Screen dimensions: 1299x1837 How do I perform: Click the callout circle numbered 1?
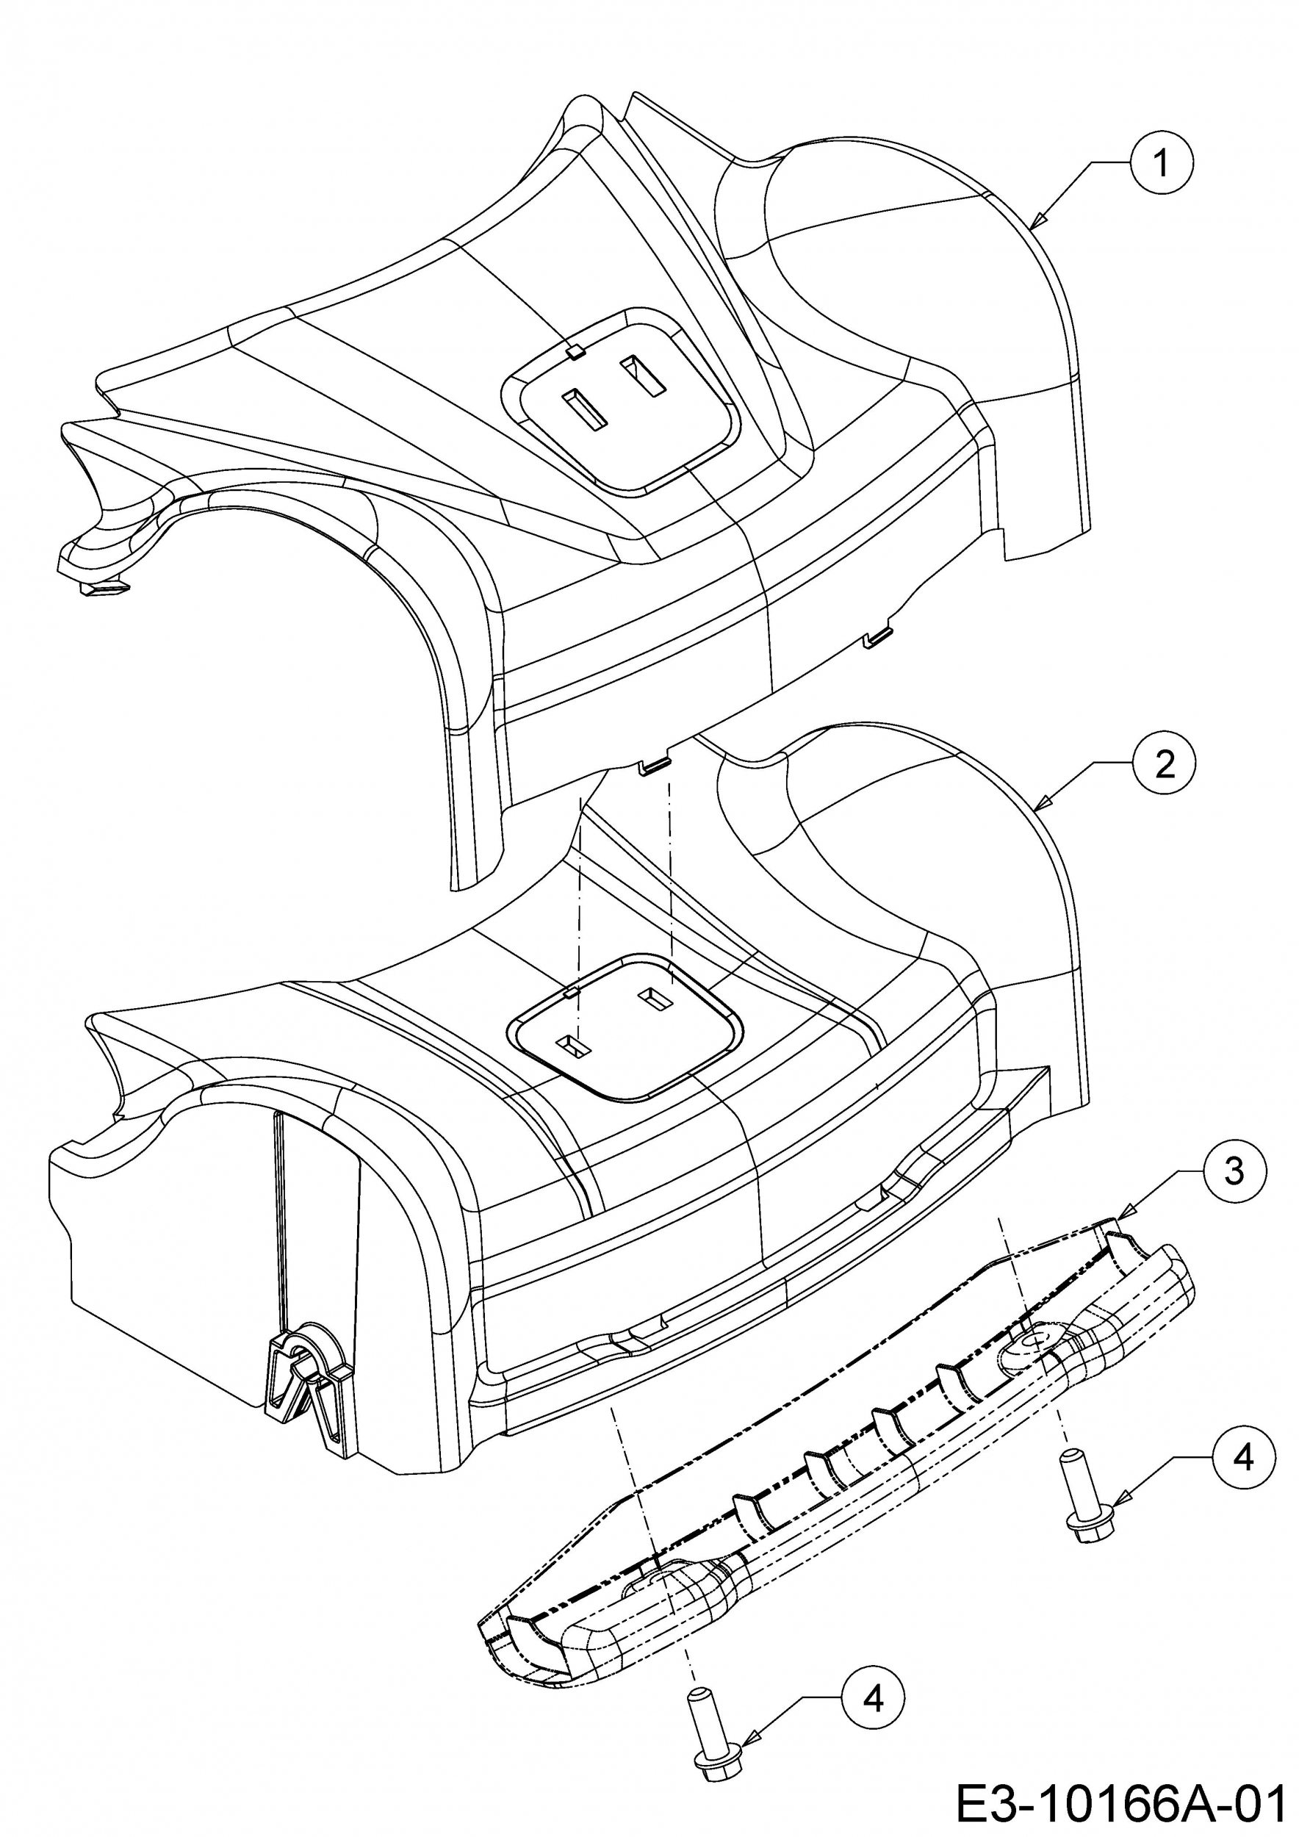(1161, 163)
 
